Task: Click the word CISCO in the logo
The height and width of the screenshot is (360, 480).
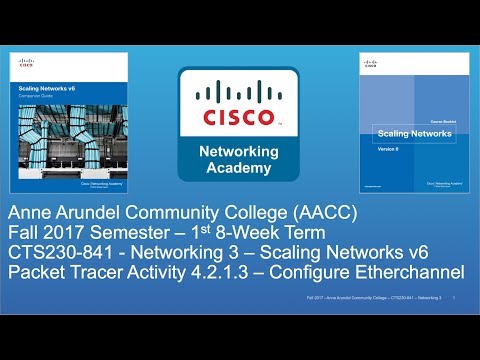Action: point(239,118)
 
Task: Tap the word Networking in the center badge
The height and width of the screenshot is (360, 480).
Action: point(239,149)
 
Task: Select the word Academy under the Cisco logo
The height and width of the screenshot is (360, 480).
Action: point(239,167)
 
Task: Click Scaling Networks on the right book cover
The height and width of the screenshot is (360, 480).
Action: point(402,133)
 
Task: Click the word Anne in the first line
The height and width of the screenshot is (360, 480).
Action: point(31,213)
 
